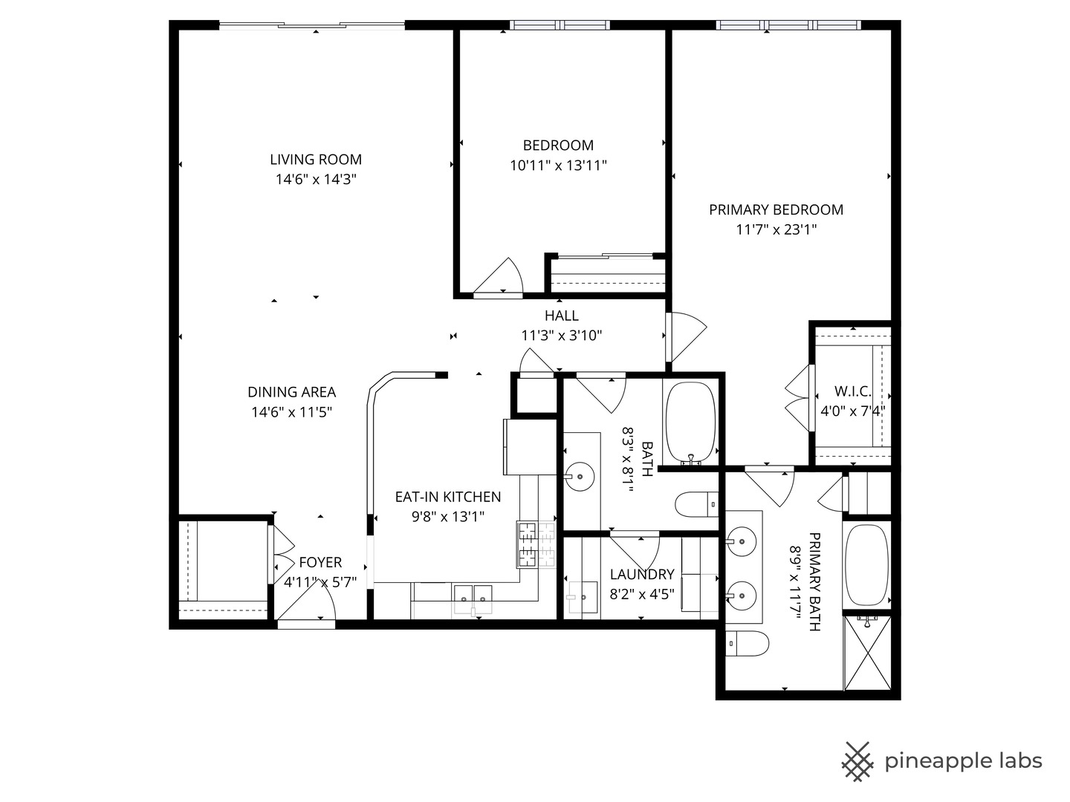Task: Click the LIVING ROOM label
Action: (316, 159)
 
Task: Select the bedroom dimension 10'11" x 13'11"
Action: (558, 166)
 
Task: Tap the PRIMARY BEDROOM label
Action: (776, 209)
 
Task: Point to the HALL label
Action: (561, 316)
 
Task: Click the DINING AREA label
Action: (291, 392)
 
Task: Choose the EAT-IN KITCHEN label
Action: (447, 497)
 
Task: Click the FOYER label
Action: (320, 563)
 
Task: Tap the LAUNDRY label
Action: (641, 574)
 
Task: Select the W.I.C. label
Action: (852, 391)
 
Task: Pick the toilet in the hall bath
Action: (695, 505)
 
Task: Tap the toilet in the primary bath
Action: (747, 644)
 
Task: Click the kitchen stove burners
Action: (536, 544)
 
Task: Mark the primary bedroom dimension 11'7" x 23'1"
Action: (776, 230)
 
